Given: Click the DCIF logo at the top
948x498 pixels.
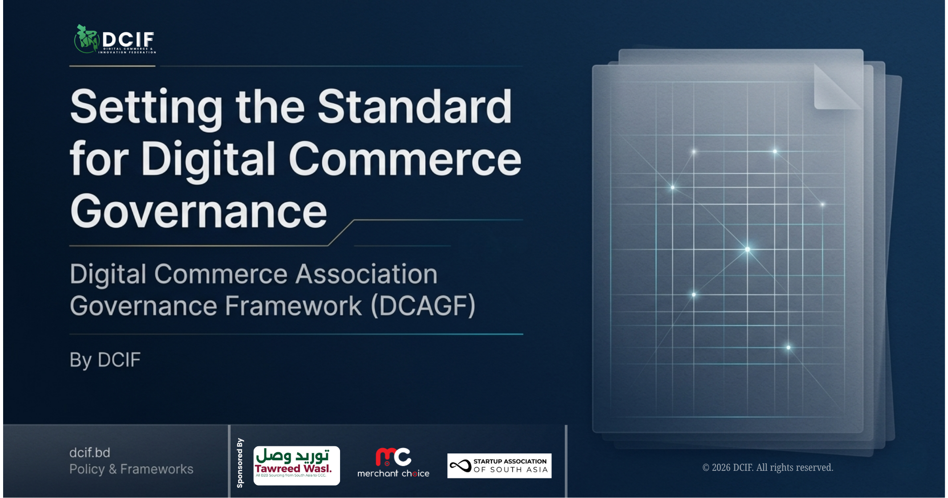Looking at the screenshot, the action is (115, 39).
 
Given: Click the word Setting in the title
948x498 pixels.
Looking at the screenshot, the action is (146, 107).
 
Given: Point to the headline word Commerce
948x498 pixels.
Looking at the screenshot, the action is (405, 159).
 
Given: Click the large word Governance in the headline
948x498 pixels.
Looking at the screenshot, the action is (199, 211).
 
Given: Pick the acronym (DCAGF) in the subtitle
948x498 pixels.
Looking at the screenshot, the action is (423, 306).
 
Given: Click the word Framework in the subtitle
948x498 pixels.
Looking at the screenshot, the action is (293, 306).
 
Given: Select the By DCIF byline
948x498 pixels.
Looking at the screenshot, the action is (105, 360).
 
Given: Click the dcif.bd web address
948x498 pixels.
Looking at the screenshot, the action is (90, 453).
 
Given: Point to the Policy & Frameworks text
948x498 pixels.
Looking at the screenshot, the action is (131, 469).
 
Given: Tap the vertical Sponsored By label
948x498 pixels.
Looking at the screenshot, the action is (240, 463).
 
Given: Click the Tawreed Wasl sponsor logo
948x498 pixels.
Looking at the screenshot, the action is (296, 465).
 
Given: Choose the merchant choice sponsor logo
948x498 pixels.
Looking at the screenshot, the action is (393, 463).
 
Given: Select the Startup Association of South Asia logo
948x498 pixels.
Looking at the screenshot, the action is (499, 466).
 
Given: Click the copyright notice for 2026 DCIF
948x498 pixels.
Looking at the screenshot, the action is (768, 467).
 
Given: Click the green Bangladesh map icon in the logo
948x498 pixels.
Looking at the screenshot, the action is (86, 39).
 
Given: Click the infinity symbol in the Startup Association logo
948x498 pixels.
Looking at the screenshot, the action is (460, 466).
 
